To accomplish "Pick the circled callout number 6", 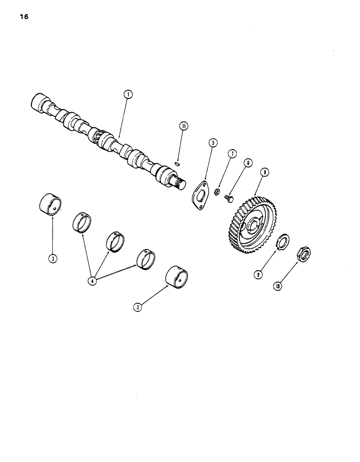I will tap(248, 163).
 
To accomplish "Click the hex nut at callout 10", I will tap(303, 253).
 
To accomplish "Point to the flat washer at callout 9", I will tap(282, 241).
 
